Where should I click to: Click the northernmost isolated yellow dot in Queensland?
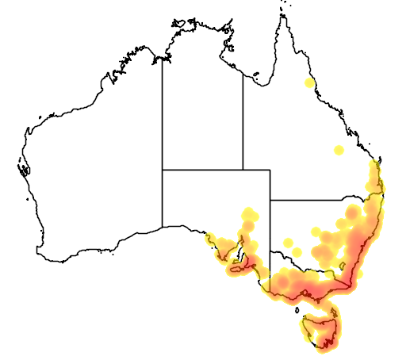coord(309,82)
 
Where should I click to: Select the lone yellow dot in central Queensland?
coord(339,150)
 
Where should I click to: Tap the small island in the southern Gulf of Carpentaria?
coord(256,77)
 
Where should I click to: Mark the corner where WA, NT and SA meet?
coord(163,169)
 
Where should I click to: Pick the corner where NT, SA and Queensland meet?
coord(243,169)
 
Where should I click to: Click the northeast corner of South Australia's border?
coord(270,169)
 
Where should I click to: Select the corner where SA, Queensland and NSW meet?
coord(270,200)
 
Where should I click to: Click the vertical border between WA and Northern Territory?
coord(163,119)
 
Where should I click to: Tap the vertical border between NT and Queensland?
coord(243,119)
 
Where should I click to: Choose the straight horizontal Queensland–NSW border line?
coord(317,200)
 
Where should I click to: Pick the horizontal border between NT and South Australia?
coord(202,169)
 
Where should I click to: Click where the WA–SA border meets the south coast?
coord(163,227)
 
